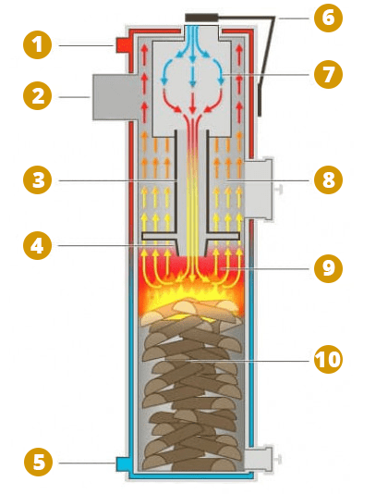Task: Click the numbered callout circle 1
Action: tap(38, 44)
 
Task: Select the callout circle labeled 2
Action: tap(38, 96)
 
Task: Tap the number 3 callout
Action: tap(38, 179)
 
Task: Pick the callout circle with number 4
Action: tap(38, 245)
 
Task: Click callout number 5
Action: tap(38, 463)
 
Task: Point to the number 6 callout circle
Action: tap(328, 18)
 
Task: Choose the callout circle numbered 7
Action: tap(328, 74)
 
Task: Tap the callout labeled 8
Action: tap(328, 179)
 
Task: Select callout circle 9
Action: tap(328, 268)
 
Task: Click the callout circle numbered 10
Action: tap(328, 359)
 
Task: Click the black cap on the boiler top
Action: tap(201, 18)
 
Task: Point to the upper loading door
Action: tap(258, 189)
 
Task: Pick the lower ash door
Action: tap(258, 459)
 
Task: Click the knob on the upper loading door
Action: tap(278, 190)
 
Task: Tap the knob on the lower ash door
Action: tap(278, 460)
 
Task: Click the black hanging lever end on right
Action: tap(260, 99)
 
